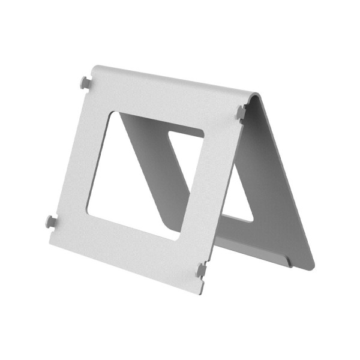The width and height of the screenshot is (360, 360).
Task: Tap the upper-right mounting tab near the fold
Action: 241,112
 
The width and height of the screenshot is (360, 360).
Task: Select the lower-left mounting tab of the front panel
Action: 51,222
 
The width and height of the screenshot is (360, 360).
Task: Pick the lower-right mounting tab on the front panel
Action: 201,270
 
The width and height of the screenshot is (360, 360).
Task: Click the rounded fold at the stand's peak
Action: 255,96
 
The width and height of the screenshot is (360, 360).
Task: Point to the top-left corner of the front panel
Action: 97,67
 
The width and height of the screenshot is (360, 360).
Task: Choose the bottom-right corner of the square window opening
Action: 180,239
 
